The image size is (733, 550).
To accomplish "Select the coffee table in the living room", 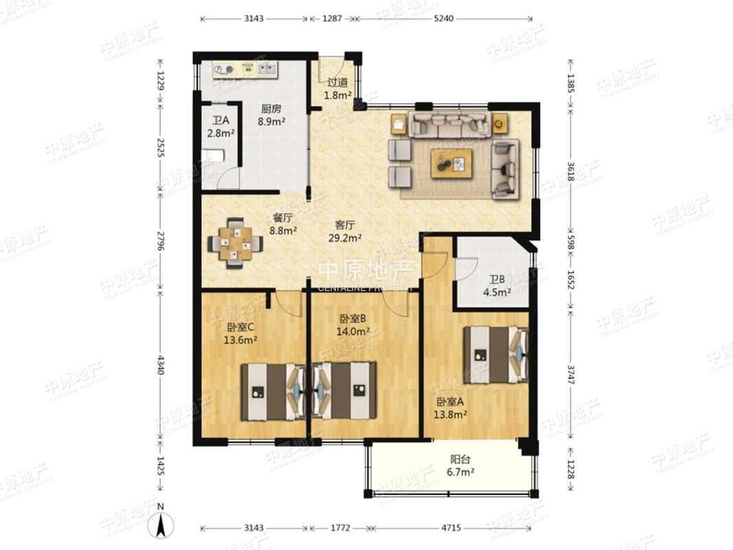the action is pyautogui.click(x=451, y=164).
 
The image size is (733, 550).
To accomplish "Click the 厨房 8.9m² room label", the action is pyautogui.click(x=271, y=115).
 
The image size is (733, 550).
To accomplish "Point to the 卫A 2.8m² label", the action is pyautogui.click(x=221, y=126).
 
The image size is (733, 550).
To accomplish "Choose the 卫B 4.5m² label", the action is pyautogui.click(x=497, y=286).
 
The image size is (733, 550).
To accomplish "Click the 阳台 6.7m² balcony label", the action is pyautogui.click(x=460, y=465).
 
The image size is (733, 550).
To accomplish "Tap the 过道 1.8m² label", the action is pyautogui.click(x=337, y=89).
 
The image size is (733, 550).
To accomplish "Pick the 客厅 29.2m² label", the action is pyautogui.click(x=345, y=231).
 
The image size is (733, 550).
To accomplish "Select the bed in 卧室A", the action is pyautogui.click(x=496, y=355).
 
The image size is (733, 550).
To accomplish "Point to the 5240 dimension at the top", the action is pyautogui.click(x=444, y=19).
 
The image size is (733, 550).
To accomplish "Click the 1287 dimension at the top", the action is pyautogui.click(x=332, y=19).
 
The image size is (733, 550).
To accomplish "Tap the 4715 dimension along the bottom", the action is pyautogui.click(x=451, y=528).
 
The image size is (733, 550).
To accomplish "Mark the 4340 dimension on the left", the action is pyautogui.click(x=160, y=365).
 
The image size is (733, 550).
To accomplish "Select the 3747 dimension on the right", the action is pyautogui.click(x=571, y=374).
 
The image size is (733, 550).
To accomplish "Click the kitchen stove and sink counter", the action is pyautogui.click(x=245, y=69).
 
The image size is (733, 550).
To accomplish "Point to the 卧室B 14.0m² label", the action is pyautogui.click(x=353, y=325).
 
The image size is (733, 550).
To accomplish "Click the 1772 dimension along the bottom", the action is pyautogui.click(x=340, y=528).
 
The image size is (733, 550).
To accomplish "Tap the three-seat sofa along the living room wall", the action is pyautogui.click(x=450, y=124).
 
